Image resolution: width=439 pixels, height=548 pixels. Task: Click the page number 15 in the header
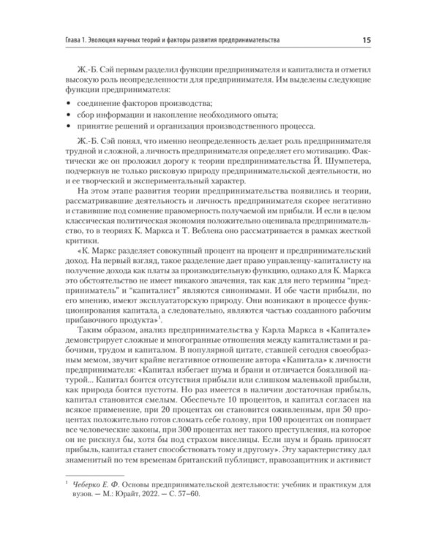point(385,38)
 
